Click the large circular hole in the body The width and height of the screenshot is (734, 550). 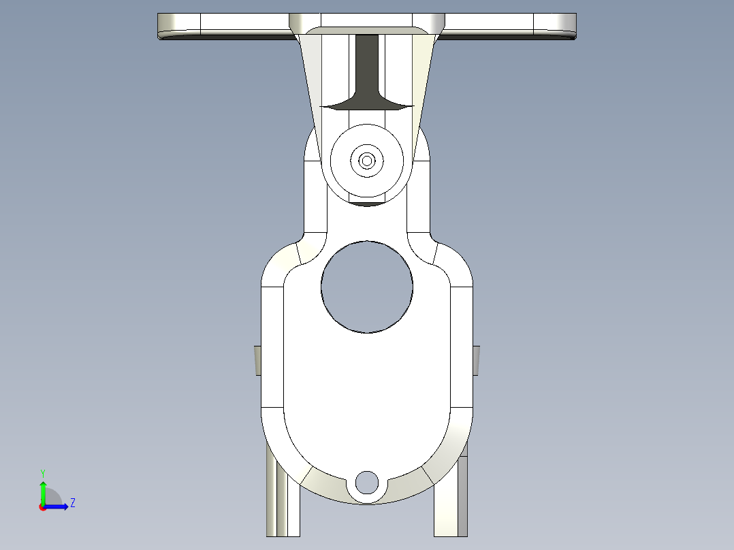click(x=367, y=287)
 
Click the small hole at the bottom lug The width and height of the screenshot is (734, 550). click(x=367, y=482)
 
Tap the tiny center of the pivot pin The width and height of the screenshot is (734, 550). click(x=367, y=161)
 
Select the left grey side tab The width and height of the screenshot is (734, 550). click(x=258, y=359)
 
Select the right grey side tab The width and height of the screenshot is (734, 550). click(x=476, y=359)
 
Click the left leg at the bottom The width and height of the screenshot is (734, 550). click(x=283, y=504)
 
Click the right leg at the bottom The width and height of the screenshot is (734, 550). click(x=451, y=504)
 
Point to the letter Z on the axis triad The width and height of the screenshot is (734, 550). click(x=72, y=503)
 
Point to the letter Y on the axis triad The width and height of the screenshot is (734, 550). click(x=43, y=472)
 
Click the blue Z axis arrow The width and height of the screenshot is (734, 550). click(x=60, y=506)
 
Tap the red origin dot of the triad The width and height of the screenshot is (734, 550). click(x=43, y=507)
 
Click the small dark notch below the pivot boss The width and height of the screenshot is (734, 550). click(x=367, y=204)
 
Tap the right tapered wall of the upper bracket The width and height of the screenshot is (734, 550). click(x=424, y=82)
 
